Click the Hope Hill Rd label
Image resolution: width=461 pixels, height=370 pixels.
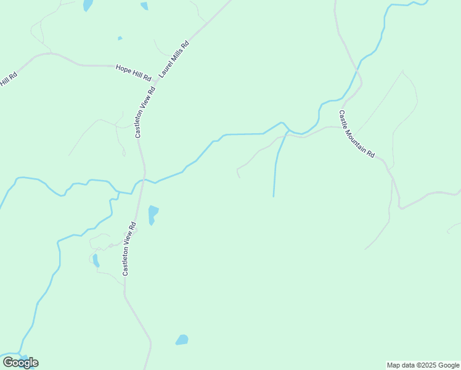[133, 72]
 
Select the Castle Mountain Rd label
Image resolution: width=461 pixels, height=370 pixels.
[356, 134]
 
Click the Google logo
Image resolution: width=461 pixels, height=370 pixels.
[20, 362]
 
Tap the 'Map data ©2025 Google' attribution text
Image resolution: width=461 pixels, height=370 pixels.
[423, 365]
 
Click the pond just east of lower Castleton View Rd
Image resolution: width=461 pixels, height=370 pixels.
[153, 214]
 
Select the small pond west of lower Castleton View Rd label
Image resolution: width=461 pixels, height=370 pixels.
[96, 260]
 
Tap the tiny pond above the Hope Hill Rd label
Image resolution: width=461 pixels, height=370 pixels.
[120, 38]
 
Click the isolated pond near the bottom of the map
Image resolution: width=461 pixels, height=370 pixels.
[182, 340]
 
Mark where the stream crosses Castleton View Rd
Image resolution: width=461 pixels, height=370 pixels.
[143, 179]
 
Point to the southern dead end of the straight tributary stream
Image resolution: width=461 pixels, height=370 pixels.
[274, 196]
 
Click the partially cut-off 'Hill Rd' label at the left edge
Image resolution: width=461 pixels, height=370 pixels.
[8, 80]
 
